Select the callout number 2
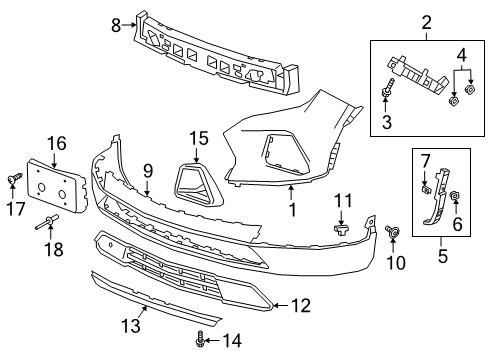(425, 21)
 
